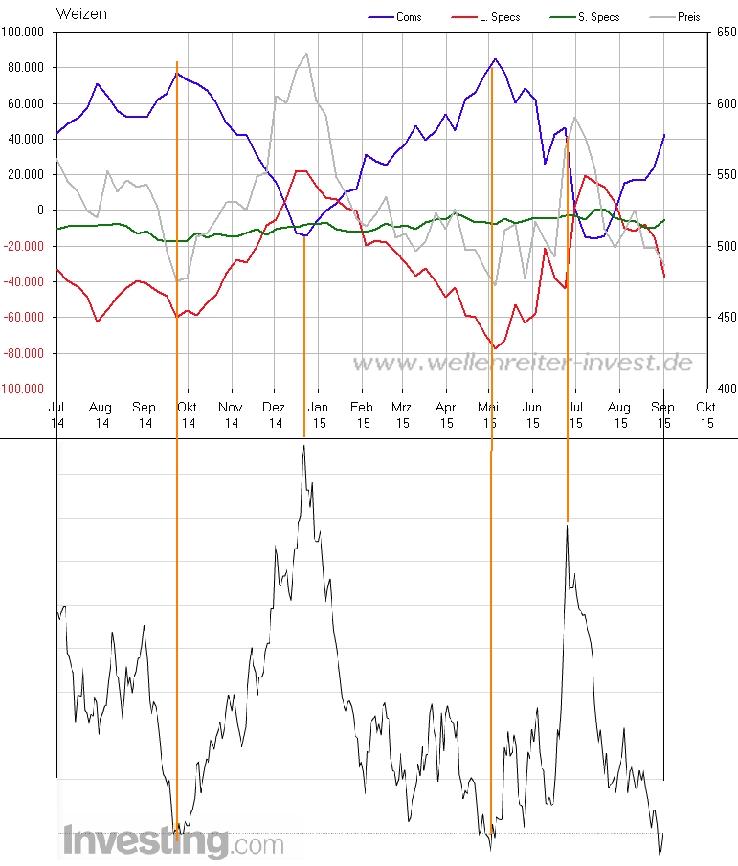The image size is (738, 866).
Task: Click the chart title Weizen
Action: coord(81,13)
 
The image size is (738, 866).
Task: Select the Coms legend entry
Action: coord(408,17)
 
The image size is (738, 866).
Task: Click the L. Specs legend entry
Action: coord(499,17)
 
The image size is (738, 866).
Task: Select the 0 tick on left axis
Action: coord(40,211)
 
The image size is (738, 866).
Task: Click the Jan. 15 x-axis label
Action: coord(319,414)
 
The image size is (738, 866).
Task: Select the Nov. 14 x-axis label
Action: coord(232,414)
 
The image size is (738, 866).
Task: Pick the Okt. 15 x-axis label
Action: coord(707,414)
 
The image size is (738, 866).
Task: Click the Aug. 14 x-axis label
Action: coord(101,414)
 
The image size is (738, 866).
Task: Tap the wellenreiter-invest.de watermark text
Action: coord(523,363)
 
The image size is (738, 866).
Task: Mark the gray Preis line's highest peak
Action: coord(306,54)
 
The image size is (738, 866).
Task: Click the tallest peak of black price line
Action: coord(303,445)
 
